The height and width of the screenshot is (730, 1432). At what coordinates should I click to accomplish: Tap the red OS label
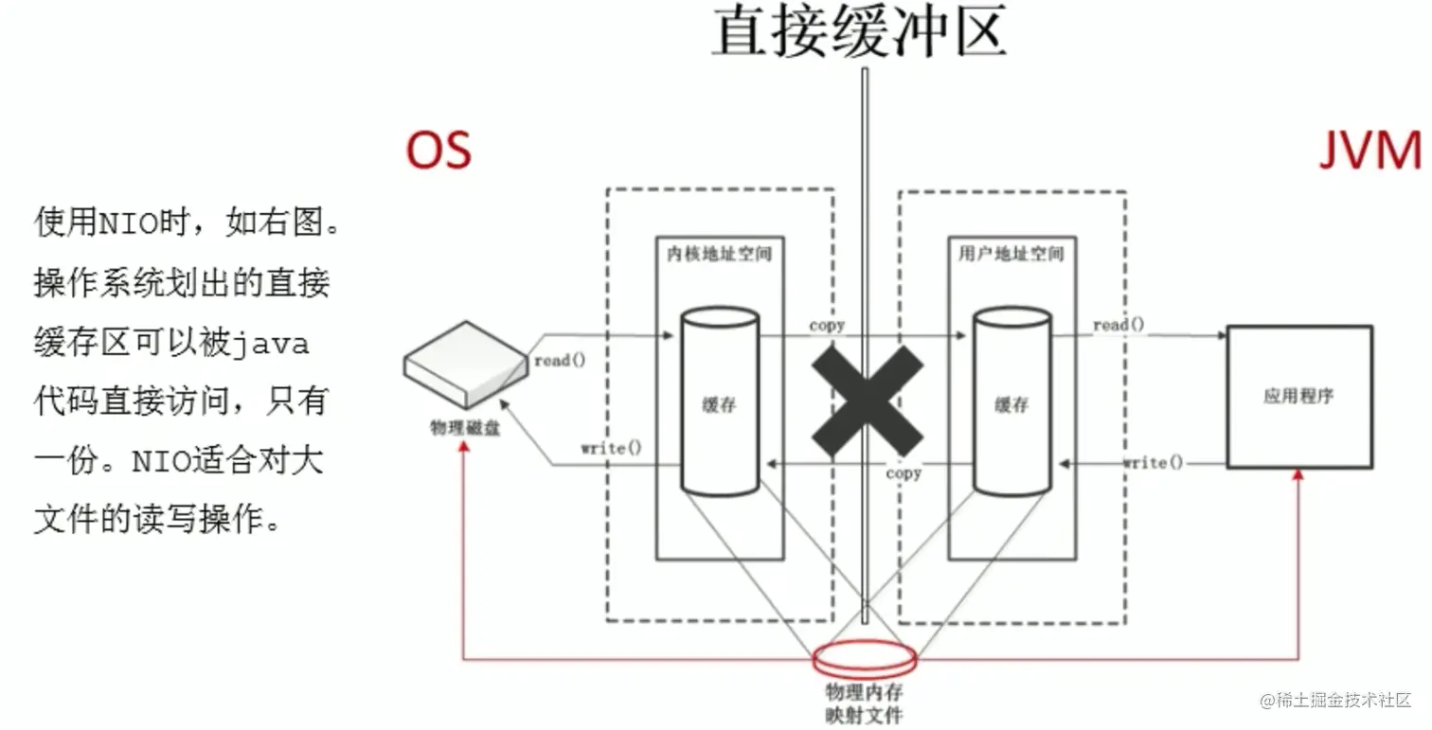(439, 151)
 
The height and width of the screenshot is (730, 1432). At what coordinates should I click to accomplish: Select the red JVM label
(1370, 151)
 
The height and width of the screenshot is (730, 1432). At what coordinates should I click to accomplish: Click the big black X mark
(868, 401)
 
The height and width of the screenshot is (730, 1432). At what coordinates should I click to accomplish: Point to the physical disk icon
(466, 365)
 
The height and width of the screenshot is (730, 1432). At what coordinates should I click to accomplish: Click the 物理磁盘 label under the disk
(465, 428)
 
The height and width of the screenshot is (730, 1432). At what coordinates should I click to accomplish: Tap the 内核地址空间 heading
(719, 255)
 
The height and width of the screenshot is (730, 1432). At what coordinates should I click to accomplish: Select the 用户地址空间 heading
(1011, 255)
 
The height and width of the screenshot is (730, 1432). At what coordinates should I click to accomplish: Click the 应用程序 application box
(1299, 397)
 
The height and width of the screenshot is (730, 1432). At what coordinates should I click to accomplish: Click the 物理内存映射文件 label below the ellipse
(865, 703)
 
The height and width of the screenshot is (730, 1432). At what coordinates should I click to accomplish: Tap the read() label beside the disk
(560, 361)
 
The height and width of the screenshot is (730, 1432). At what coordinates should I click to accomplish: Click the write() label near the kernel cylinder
(611, 448)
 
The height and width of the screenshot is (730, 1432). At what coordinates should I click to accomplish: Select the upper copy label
(827, 326)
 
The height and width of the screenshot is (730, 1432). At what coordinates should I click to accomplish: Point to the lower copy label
(904, 473)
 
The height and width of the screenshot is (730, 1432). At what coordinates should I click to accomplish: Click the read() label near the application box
(1119, 325)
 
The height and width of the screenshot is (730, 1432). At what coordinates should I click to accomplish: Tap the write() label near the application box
(1154, 462)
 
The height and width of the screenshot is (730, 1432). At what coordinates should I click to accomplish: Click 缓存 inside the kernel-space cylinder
(719, 404)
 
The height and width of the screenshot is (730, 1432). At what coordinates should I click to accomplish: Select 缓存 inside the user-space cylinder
(1011, 404)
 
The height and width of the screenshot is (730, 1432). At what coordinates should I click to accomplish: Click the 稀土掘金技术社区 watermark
(1335, 700)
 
